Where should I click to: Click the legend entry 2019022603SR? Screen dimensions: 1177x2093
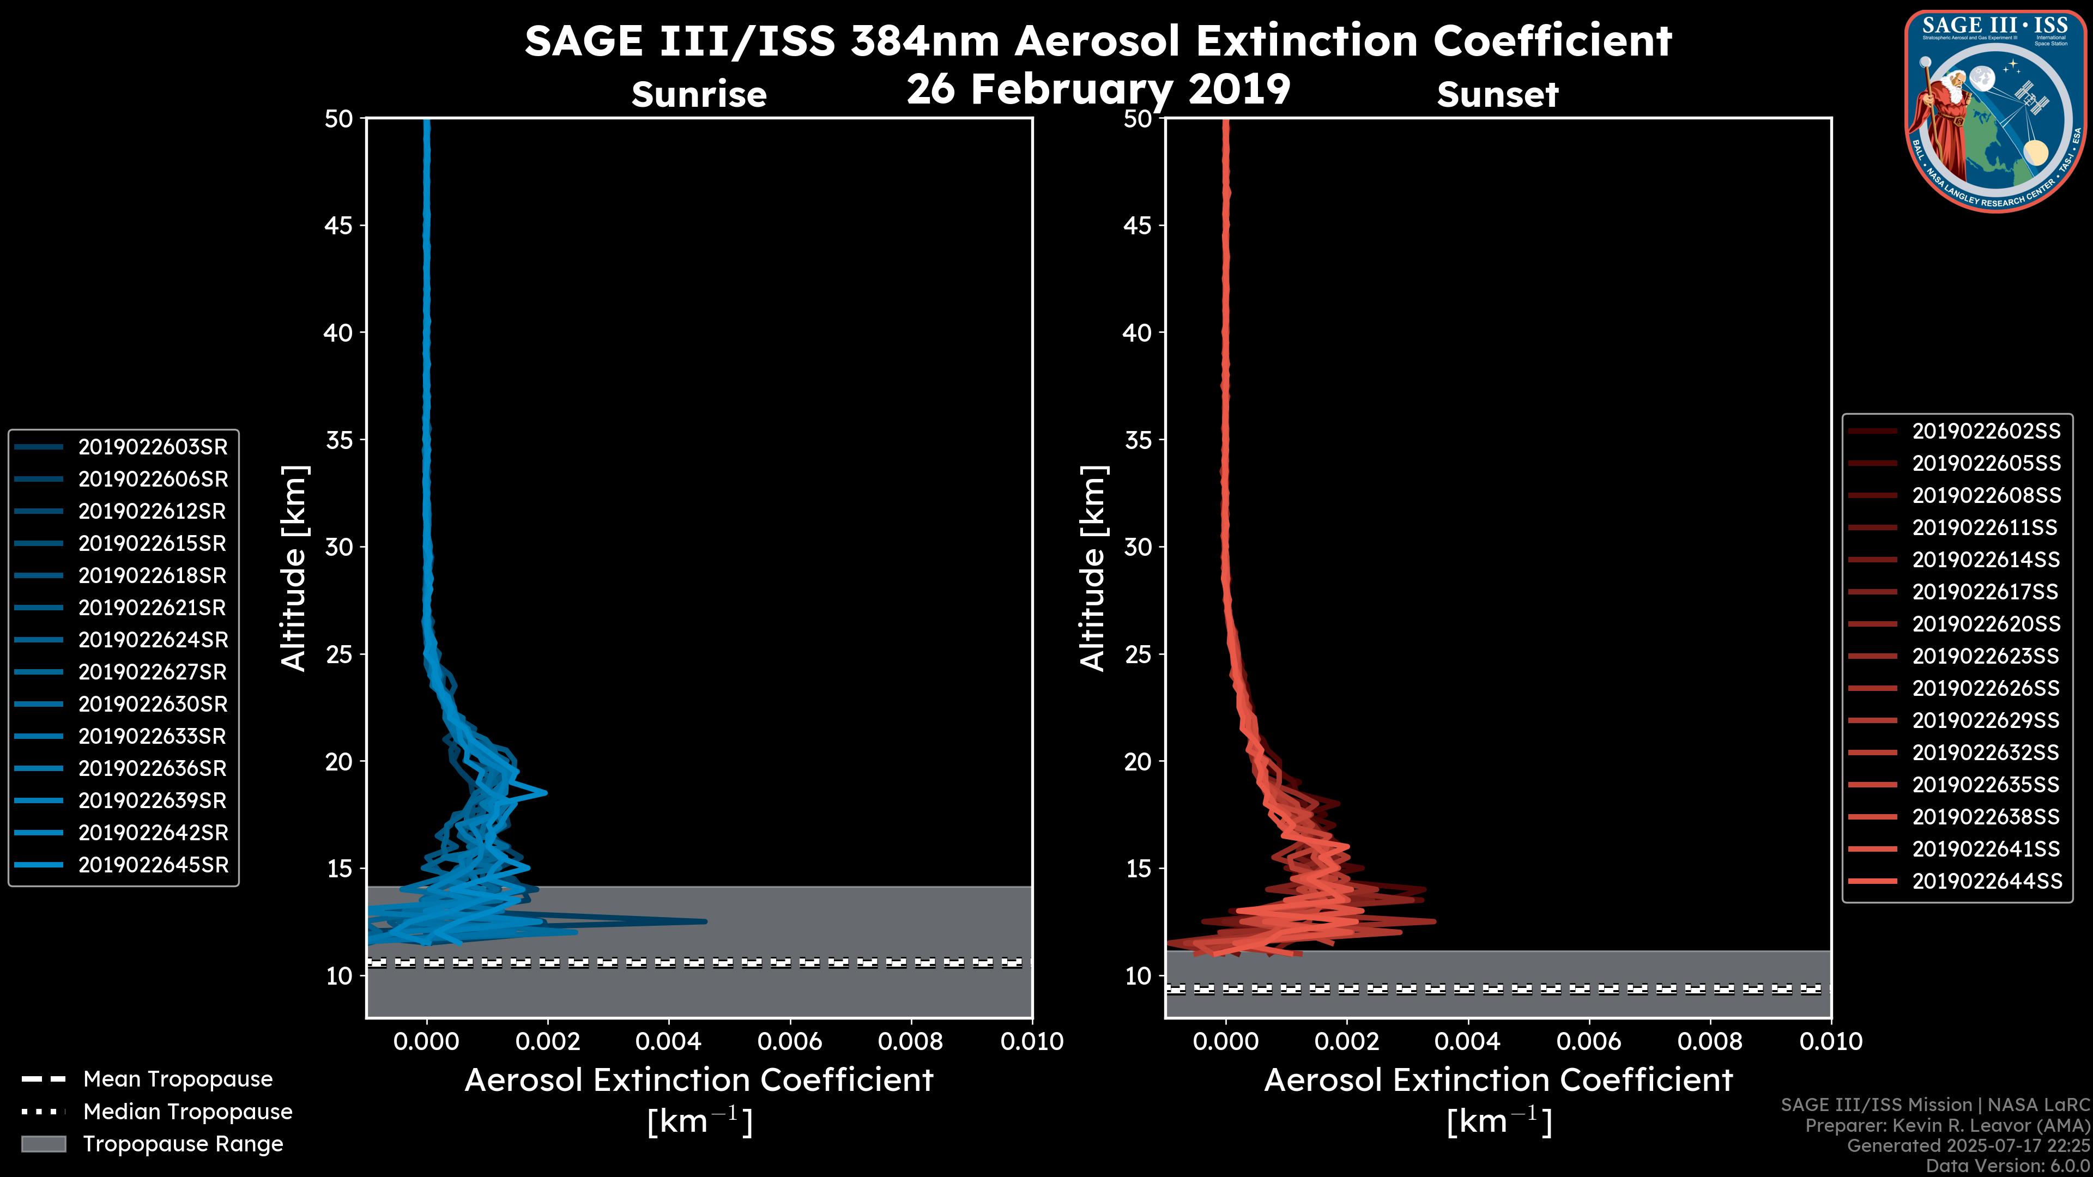point(153,447)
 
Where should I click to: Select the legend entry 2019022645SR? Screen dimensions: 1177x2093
point(153,865)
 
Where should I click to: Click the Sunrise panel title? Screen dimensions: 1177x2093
point(699,94)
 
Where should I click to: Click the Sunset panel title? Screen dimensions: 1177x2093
point(1497,94)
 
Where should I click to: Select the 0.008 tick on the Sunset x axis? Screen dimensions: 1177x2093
point(1710,1041)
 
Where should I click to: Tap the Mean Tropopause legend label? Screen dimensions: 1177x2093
point(178,1079)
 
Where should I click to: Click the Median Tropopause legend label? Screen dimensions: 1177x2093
point(187,1112)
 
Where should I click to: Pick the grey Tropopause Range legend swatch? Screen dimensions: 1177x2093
point(44,1144)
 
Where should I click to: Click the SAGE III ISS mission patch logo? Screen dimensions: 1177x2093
point(1994,111)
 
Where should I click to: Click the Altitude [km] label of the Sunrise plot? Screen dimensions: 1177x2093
point(293,568)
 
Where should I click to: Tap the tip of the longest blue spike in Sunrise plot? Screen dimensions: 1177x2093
point(705,921)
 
